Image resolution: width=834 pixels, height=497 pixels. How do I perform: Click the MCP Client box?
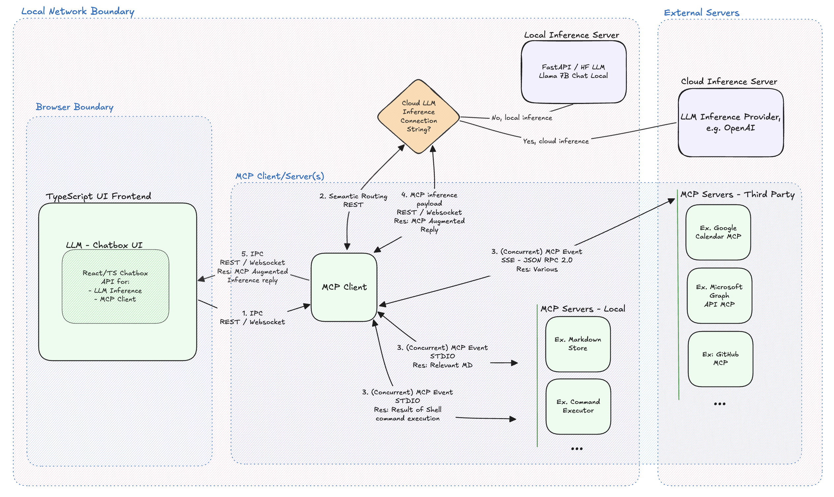pos(344,287)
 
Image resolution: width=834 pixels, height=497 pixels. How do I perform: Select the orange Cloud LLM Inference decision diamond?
pos(419,116)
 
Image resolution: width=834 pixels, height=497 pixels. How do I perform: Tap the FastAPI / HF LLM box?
pos(573,72)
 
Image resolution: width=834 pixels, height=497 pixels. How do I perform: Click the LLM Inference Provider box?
pos(730,122)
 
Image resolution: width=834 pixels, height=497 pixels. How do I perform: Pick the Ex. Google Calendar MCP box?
pos(718,232)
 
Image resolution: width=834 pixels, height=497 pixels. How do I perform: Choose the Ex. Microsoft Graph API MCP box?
pos(719,296)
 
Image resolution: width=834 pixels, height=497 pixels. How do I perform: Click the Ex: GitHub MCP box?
pos(720,359)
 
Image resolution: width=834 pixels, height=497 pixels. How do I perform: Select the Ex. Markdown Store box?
pos(578,344)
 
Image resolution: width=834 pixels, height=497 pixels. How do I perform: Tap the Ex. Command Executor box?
pos(578,407)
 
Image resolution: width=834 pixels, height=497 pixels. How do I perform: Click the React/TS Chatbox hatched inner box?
pos(115,287)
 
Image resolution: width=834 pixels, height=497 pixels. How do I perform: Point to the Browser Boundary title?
pos(74,107)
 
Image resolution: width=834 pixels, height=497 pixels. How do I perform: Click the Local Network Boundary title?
pos(78,12)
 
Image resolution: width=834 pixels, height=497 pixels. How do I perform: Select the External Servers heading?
pos(701,13)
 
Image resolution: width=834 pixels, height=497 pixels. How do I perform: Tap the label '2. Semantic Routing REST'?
pos(353,200)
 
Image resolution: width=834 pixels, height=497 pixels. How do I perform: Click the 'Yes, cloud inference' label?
pos(556,141)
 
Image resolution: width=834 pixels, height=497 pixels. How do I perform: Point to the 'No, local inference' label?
pos(522,118)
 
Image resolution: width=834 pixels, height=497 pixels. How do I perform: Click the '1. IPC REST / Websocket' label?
pos(252,317)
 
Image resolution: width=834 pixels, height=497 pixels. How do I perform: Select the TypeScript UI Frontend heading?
pos(98,196)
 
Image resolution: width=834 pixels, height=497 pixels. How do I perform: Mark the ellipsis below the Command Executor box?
pos(577,449)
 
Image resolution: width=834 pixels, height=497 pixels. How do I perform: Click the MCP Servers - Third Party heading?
pos(737,195)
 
